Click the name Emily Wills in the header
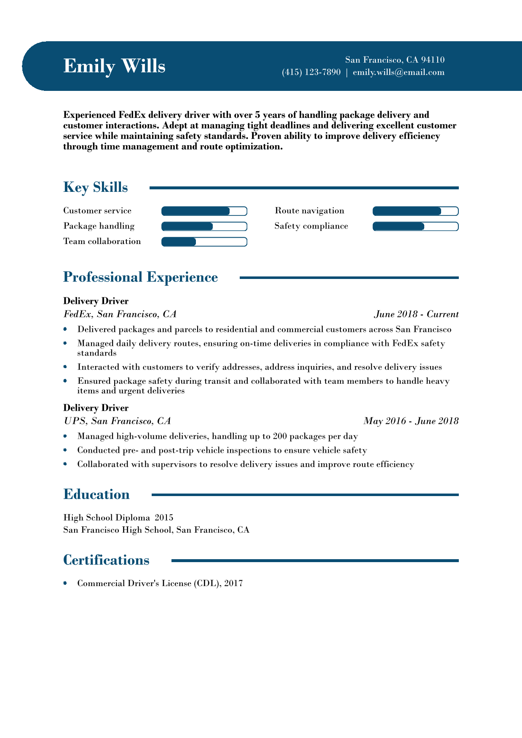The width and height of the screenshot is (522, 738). pyautogui.click(x=114, y=66)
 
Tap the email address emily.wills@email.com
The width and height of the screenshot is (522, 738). pyautogui.click(x=399, y=72)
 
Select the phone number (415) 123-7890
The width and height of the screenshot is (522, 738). pyautogui.click(x=311, y=72)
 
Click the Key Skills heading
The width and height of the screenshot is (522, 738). pyautogui.click(x=95, y=187)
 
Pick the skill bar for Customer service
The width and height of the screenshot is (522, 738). pyautogui.click(x=204, y=211)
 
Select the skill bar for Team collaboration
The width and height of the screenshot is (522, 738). pyautogui.click(x=204, y=242)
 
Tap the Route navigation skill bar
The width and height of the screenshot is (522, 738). pyautogui.click(x=415, y=211)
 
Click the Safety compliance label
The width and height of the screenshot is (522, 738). pyautogui.click(x=311, y=226)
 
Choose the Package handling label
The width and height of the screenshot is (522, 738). pyautogui.click(x=99, y=226)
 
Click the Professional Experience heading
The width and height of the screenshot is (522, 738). pyautogui.click(x=140, y=277)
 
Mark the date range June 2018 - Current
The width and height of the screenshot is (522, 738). pyautogui.click(x=416, y=314)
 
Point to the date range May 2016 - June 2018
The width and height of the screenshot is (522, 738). pyautogui.click(x=411, y=421)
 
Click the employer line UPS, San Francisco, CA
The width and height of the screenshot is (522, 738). pyautogui.click(x=117, y=421)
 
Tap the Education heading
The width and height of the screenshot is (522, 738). pyautogui.click(x=96, y=494)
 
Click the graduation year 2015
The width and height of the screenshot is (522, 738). pyautogui.click(x=164, y=518)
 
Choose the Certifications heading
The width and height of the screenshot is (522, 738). pyautogui.click(x=106, y=560)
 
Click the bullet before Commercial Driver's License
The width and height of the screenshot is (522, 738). pyautogui.click(x=65, y=583)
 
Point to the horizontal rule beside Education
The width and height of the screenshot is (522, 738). pyautogui.click(x=305, y=495)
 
